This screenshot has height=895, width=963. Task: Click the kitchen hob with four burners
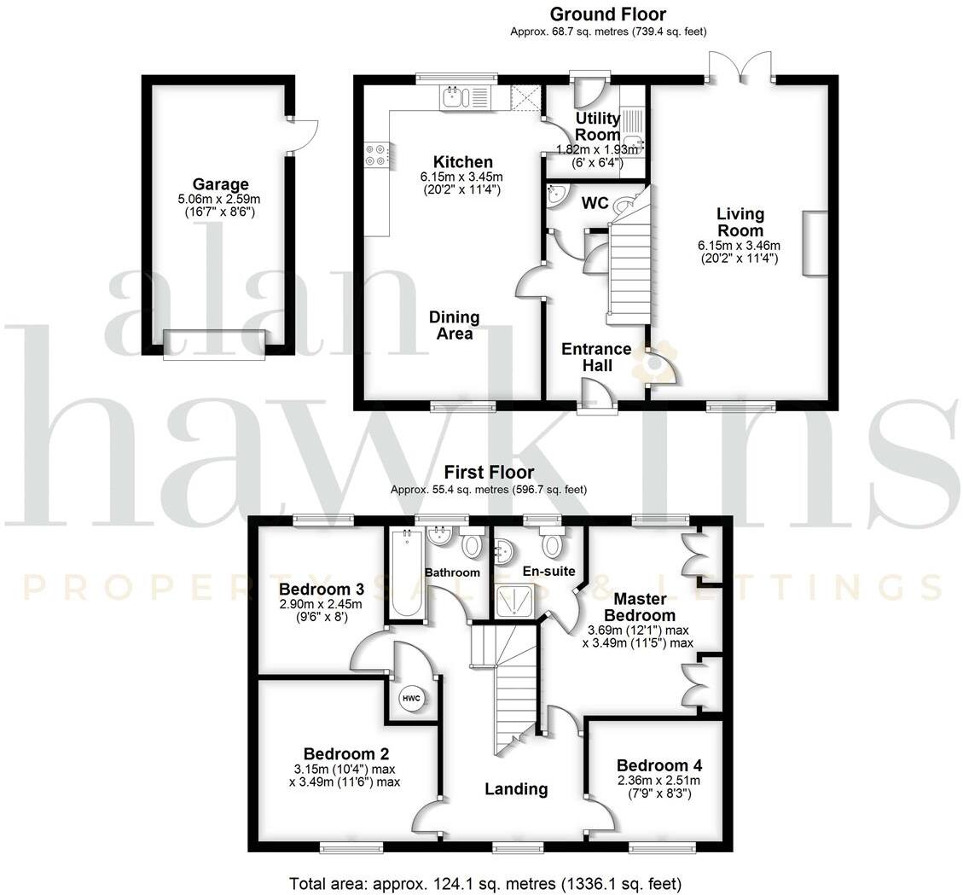[x=375, y=153]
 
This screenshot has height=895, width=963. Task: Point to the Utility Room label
[x=597, y=126]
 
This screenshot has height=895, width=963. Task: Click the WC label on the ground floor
[x=594, y=204]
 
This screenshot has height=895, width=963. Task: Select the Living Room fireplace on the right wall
[x=814, y=244]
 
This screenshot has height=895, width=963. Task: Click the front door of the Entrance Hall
[x=597, y=398]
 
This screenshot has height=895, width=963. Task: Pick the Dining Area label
[x=455, y=325]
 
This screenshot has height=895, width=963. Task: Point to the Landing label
[x=516, y=789]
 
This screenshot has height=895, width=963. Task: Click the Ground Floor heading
[x=607, y=14]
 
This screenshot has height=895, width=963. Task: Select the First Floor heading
[x=489, y=473]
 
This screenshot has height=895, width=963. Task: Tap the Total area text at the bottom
[x=485, y=883]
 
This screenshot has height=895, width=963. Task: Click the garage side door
[x=304, y=136]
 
